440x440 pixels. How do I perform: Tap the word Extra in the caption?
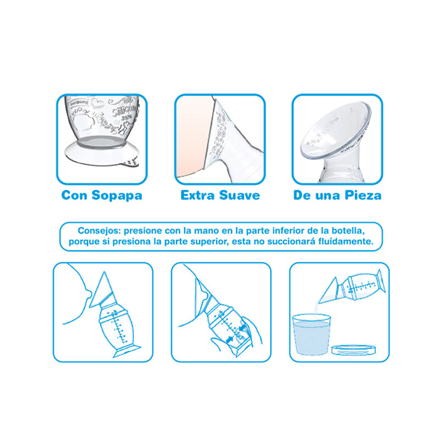(x=198, y=195)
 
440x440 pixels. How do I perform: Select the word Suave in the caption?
(x=240, y=195)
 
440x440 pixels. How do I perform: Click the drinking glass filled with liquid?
(x=311, y=334)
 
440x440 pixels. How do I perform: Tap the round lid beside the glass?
(x=354, y=349)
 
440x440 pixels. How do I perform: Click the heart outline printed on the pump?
(x=97, y=103)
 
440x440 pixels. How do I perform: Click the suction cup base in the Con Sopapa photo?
(x=102, y=152)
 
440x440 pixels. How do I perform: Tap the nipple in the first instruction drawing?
(x=89, y=294)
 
